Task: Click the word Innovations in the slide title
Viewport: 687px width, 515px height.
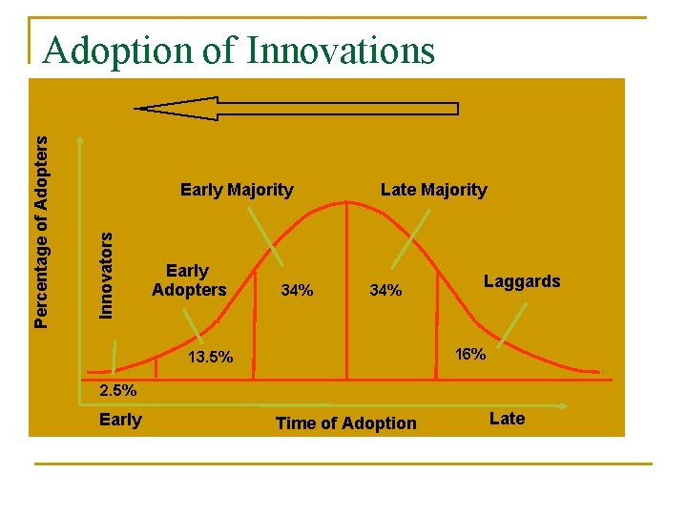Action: (x=340, y=50)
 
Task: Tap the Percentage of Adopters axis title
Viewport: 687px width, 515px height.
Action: (x=40, y=231)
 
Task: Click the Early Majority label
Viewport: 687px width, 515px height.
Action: (x=237, y=190)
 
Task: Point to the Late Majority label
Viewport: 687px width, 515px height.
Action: (x=433, y=190)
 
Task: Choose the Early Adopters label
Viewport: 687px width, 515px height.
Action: (x=189, y=280)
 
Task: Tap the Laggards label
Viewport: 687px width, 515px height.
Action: (x=522, y=280)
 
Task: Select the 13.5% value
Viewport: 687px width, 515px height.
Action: (x=210, y=358)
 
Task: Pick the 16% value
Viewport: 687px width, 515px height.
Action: (x=470, y=355)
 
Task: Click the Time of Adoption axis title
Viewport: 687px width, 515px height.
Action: (x=345, y=423)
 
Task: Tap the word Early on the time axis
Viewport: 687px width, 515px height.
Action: (x=120, y=420)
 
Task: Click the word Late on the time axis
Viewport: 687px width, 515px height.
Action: (x=507, y=419)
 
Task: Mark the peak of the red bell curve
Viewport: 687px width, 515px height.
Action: (x=347, y=201)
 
